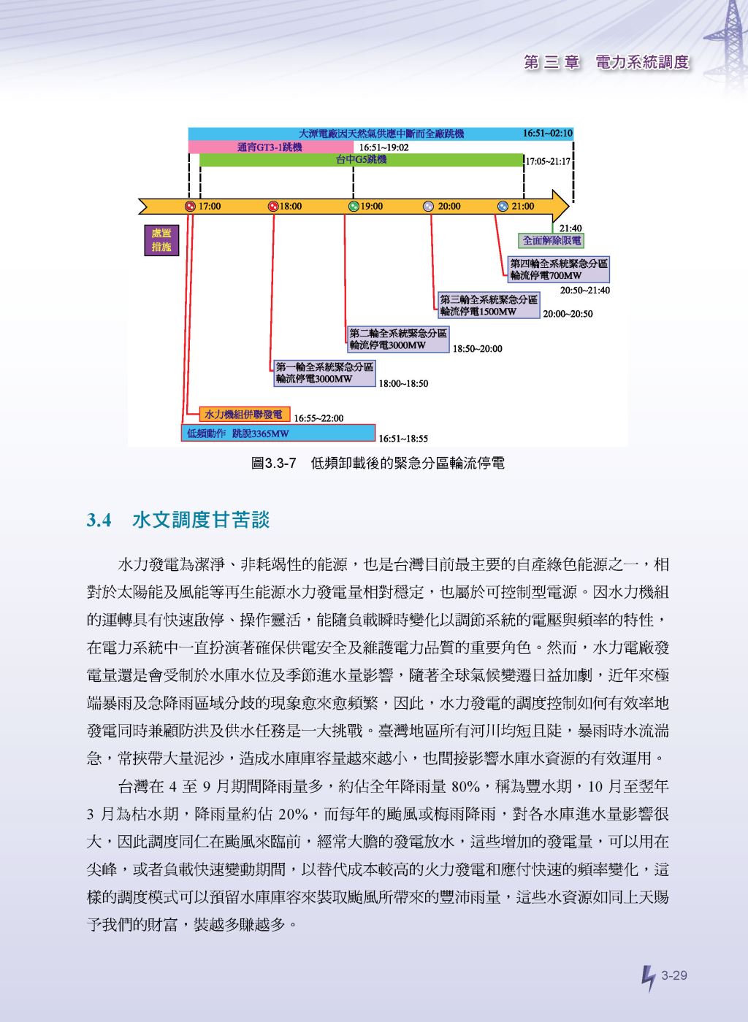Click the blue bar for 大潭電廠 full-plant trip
tap(381, 134)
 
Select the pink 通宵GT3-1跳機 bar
tap(271, 147)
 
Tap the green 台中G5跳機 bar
tap(361, 160)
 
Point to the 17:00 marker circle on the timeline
tap(190, 206)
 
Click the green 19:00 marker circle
tap(354, 206)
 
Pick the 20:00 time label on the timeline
tap(449, 206)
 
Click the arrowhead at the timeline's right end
tap(561, 206)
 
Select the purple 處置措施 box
tap(161, 240)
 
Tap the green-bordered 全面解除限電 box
tap(552, 240)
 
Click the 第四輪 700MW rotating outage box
tap(559, 269)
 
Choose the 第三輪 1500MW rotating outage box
tap(489, 305)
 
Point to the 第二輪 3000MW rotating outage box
tap(398, 339)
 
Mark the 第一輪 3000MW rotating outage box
tap(324, 373)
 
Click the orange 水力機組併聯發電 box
tap(245, 415)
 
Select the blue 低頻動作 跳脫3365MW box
tap(278, 433)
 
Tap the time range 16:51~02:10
tap(548, 134)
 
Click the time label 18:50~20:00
tap(477, 349)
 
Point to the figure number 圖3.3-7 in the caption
tap(273, 464)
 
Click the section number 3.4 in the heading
tap(99, 520)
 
